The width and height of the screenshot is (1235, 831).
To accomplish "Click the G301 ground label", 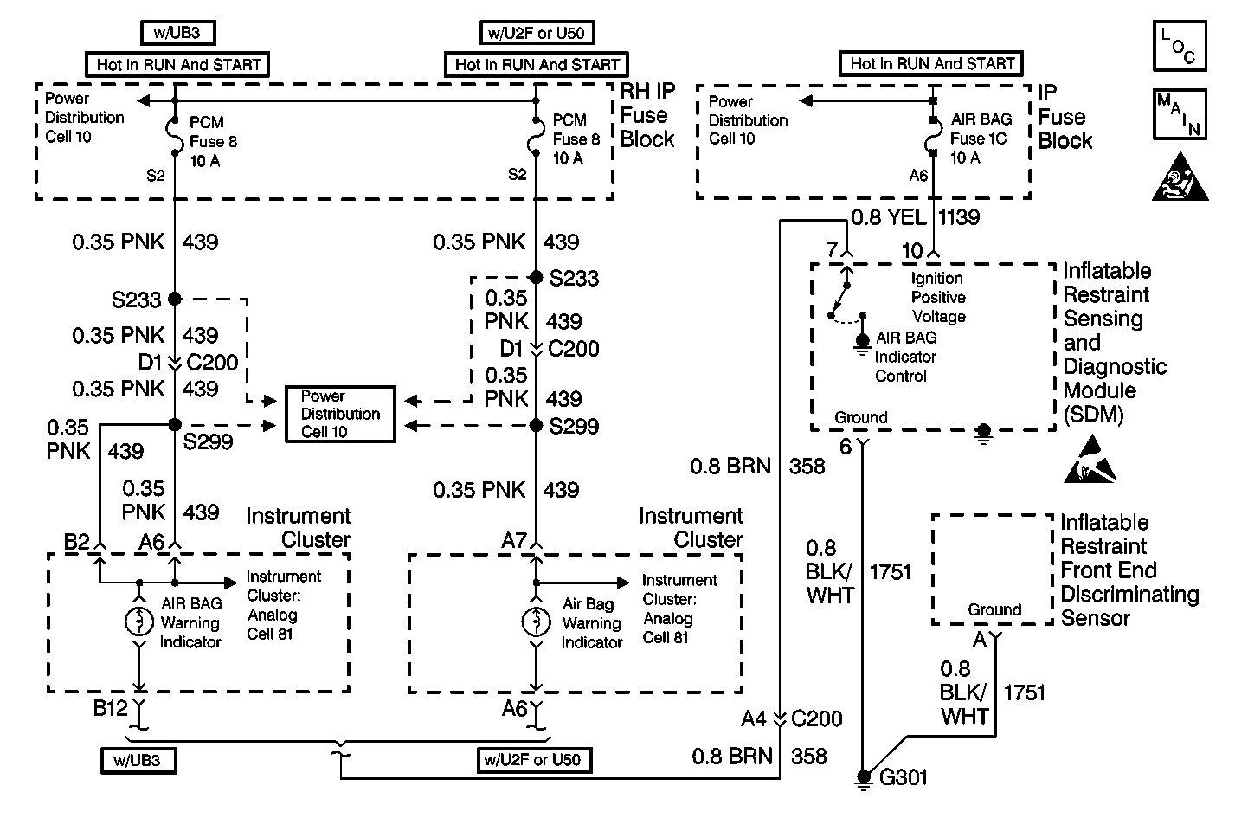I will click(x=903, y=776).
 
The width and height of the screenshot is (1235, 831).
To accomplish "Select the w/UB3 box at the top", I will click(x=177, y=33).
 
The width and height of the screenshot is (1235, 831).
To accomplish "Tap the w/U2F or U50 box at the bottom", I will click(x=532, y=760).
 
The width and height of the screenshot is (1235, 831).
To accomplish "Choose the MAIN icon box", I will click(x=1179, y=113).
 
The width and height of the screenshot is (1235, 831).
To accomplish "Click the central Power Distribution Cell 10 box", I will click(x=340, y=414).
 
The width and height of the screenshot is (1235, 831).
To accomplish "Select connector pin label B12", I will click(x=111, y=708).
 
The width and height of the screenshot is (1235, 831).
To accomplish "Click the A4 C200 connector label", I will click(x=791, y=718).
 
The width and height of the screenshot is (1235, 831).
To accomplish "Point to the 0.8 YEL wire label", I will click(x=888, y=217).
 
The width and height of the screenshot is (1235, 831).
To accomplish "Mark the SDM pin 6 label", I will click(x=846, y=447).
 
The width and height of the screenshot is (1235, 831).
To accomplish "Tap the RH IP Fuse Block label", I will click(x=646, y=116).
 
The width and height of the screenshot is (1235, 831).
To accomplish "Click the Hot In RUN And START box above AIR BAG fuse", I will click(x=931, y=63).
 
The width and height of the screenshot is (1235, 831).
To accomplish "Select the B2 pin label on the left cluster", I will click(x=76, y=542).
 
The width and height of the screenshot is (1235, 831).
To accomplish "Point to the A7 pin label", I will click(x=514, y=540).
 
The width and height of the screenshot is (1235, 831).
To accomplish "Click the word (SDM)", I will click(x=1093, y=415).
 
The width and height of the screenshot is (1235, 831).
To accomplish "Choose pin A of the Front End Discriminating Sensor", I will click(x=980, y=640).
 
